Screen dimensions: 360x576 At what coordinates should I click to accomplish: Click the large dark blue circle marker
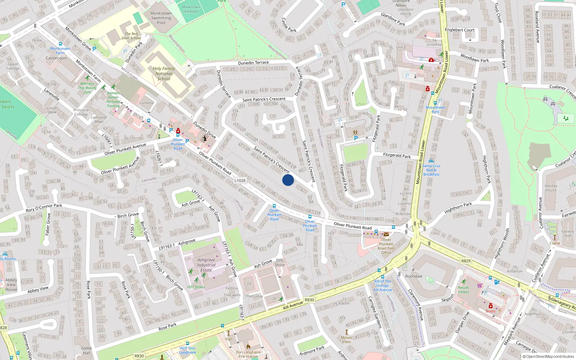(x=288, y=180)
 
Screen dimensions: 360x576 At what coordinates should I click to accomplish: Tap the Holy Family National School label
(x=164, y=73)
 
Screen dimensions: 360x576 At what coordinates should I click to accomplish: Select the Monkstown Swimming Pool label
(x=161, y=18)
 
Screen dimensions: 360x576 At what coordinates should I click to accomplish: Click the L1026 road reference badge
(x=240, y=181)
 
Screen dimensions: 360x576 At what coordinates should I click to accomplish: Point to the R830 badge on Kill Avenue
(x=309, y=300)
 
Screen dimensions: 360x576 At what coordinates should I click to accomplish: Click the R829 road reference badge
(x=466, y=261)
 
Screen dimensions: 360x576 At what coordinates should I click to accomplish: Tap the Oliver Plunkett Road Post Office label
(x=386, y=246)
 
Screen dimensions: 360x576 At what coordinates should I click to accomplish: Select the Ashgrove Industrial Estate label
(x=206, y=265)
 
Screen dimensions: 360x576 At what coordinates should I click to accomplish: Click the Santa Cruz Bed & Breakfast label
(x=431, y=170)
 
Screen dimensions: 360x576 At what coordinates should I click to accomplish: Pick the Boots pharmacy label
(x=491, y=311)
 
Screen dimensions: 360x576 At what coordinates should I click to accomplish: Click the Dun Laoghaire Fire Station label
(x=248, y=354)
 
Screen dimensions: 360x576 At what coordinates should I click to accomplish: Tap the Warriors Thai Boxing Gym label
(x=87, y=87)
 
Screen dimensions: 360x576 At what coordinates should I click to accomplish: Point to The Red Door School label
(x=131, y=36)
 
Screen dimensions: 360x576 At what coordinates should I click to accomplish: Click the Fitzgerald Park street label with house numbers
(x=397, y=156)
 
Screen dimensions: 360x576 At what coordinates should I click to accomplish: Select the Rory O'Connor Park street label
(x=44, y=208)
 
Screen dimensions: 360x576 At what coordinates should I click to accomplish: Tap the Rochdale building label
(x=414, y=276)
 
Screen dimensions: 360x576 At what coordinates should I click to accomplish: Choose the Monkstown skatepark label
(x=191, y=9)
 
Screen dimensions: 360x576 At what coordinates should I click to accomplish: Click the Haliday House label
(x=551, y=188)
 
